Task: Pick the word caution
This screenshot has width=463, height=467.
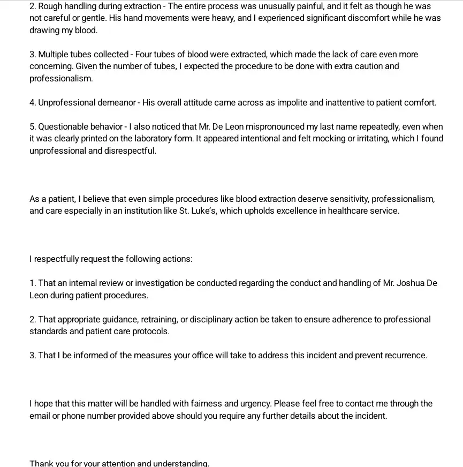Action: point(367,66)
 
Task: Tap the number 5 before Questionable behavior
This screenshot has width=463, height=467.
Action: point(32,127)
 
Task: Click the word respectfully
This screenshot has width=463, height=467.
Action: point(56,259)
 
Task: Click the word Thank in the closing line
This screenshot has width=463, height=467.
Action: point(41,463)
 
